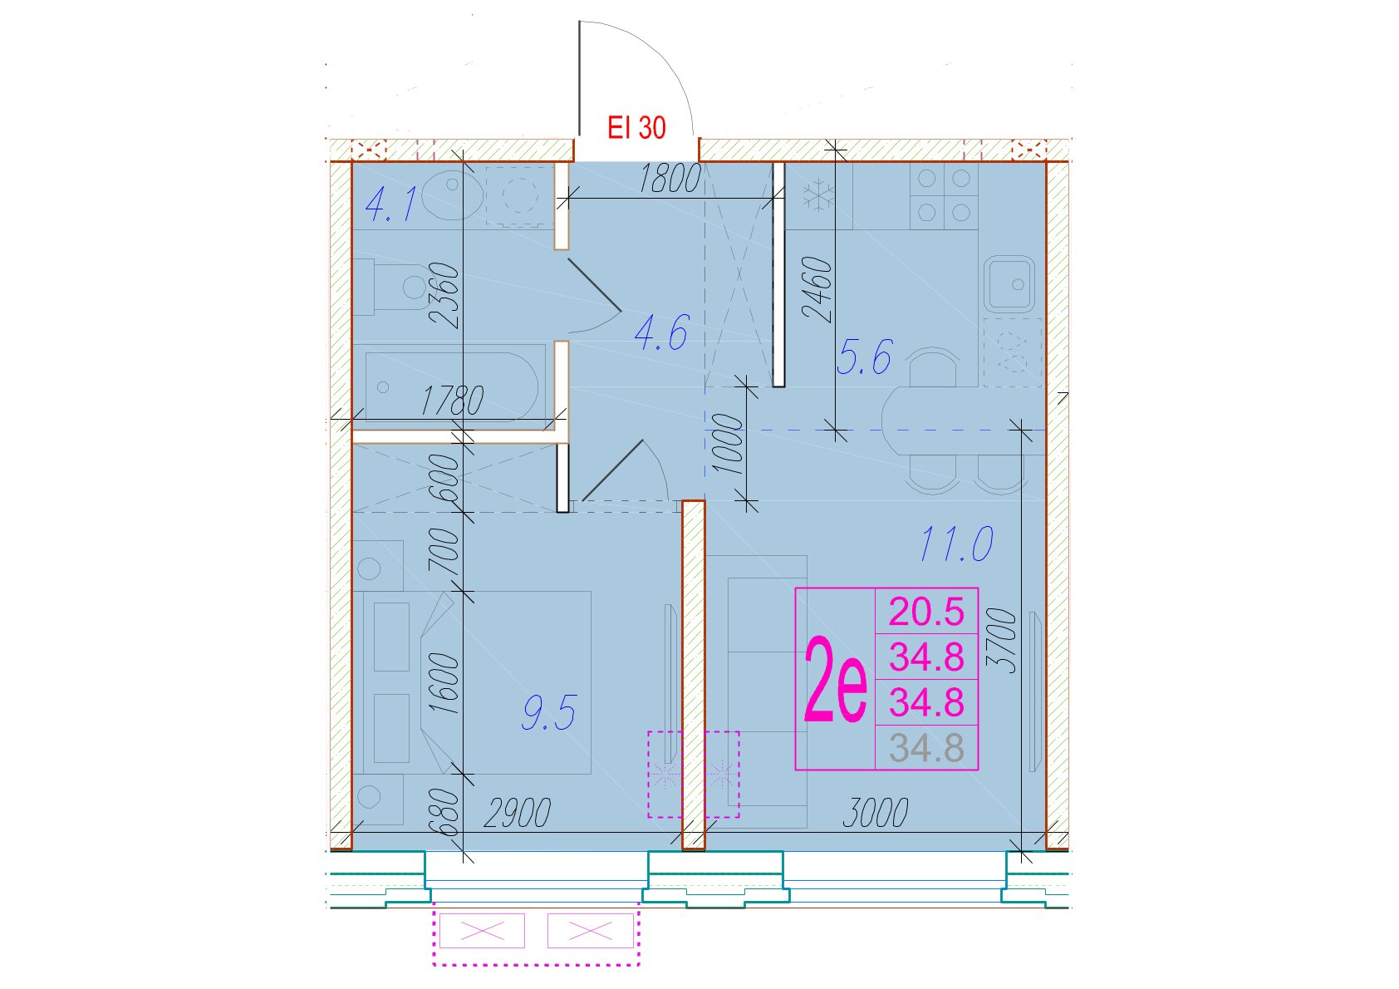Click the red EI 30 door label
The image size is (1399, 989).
636,127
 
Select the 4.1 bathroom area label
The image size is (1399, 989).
390,205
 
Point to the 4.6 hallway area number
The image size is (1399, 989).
661,333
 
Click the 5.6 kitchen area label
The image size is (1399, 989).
864,357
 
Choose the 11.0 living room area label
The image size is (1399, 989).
956,543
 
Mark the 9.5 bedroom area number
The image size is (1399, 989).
548,713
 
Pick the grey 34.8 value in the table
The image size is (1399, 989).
926,748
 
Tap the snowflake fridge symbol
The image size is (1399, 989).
815,195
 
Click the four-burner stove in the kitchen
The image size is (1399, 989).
944,196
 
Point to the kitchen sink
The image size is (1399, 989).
1009,284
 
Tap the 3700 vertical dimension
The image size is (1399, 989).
1002,642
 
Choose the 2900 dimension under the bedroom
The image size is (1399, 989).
517,813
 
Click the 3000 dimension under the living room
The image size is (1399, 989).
875,813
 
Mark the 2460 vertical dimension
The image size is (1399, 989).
817,290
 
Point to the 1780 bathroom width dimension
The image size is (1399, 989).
452,401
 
